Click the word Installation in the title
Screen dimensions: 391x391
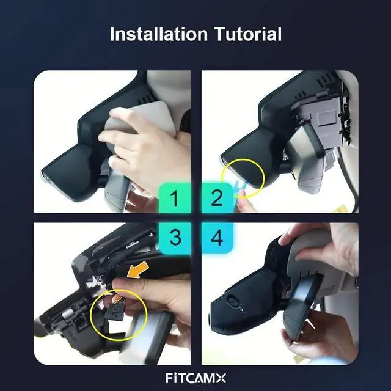[x=159, y=34]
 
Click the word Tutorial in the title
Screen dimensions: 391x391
[x=248, y=34]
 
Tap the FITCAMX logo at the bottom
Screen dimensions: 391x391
[x=195, y=378]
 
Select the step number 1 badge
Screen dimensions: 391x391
[x=175, y=198]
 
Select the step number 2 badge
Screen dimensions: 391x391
[x=217, y=198]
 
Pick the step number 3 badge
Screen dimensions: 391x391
[x=175, y=238]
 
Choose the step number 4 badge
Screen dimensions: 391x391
[x=217, y=238]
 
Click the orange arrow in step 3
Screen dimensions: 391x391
[x=138, y=271]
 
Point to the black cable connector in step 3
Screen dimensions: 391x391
[x=114, y=311]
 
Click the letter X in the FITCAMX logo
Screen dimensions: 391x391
[x=221, y=378]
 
